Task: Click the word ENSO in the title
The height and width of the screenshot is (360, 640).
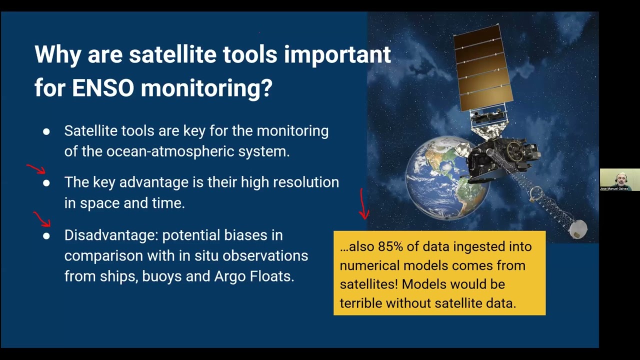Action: pos(103,88)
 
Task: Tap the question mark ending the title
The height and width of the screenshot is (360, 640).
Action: pos(266,88)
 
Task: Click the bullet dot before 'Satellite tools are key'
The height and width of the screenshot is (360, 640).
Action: pos(46,131)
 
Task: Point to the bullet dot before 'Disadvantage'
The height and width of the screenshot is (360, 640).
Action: pos(46,236)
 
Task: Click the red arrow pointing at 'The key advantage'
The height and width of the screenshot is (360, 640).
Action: pos(36,169)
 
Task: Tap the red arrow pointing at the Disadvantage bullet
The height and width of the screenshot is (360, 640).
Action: pos(42,219)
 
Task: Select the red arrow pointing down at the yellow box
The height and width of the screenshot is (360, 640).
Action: pos(363,204)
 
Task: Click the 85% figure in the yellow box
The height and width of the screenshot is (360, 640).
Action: pos(390,246)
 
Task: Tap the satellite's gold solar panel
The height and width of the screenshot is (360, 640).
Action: pos(483,68)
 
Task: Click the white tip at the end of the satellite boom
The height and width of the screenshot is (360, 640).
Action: pos(578,229)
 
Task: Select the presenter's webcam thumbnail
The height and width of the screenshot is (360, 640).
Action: pos(619,179)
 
